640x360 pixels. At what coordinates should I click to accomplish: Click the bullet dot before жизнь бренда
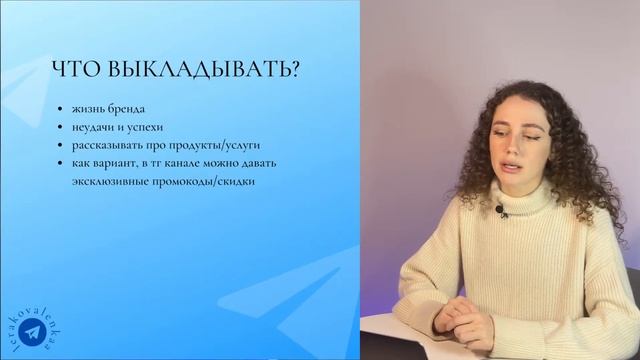coord(60,108)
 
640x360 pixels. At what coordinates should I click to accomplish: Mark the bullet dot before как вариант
coord(60,162)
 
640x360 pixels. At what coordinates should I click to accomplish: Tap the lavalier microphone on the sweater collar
coord(499,210)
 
